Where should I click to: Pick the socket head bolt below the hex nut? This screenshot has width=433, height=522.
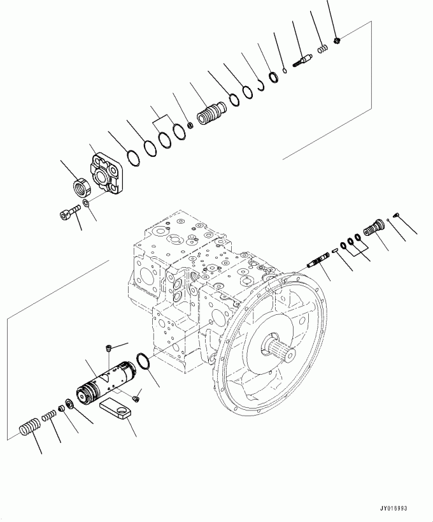(67, 214)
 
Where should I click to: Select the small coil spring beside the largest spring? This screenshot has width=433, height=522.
(50, 416)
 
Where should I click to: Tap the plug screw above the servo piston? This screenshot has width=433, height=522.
(108, 348)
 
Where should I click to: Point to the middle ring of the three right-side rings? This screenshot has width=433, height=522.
(351, 241)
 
